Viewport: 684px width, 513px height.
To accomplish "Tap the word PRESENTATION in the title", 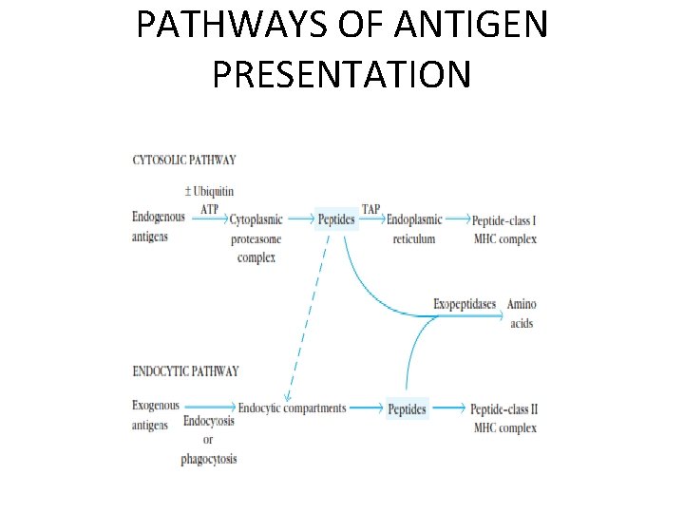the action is click(x=341, y=73).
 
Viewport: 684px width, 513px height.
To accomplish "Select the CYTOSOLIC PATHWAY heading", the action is click(x=183, y=160).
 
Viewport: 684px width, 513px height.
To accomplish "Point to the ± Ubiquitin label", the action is click(x=210, y=192).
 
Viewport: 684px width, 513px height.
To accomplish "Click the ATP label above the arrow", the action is click(x=210, y=208).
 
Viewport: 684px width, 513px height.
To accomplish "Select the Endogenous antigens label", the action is click(x=158, y=227).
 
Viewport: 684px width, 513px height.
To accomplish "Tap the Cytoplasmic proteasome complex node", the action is click(x=256, y=238).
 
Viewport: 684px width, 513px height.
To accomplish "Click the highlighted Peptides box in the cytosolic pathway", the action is click(x=336, y=219).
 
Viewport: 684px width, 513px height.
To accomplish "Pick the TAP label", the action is click(x=371, y=208).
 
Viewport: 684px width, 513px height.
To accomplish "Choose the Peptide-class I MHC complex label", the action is click(x=504, y=229).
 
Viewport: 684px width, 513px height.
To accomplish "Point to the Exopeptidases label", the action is click(x=465, y=304).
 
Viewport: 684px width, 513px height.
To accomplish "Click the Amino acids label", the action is click(x=522, y=313).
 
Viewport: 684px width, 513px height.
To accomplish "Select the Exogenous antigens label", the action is click(x=155, y=415).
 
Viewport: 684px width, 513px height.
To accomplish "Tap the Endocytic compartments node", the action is click(x=292, y=408).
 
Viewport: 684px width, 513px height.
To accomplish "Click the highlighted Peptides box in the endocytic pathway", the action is click(x=408, y=409).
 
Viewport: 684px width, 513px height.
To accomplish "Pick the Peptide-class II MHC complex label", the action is click(x=504, y=418).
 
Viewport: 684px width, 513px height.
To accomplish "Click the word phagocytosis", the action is click(x=209, y=459).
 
